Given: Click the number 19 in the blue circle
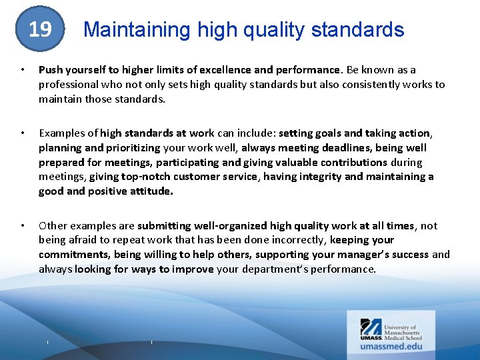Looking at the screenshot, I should point(40,29).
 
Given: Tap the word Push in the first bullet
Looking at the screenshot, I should point(51,70).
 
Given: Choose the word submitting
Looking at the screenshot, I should point(164,226).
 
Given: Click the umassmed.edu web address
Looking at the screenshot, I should point(392,347).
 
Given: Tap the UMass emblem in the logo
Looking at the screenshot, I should point(371,327).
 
